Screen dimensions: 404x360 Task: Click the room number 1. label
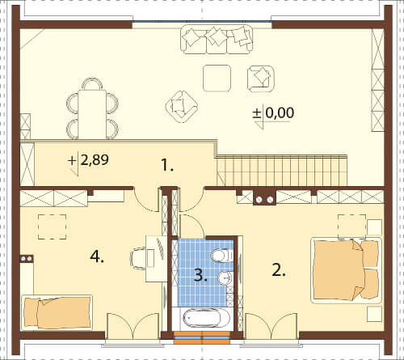tap(167, 165)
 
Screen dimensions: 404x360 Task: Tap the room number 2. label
tap(279, 270)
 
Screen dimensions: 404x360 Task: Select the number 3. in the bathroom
tap(200, 276)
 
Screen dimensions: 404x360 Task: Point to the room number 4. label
tap(97, 256)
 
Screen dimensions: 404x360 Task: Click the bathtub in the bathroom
tap(204, 319)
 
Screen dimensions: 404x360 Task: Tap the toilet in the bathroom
tap(221, 255)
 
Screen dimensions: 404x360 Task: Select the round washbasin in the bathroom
tap(225, 277)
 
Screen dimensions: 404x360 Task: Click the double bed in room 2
tap(346, 270)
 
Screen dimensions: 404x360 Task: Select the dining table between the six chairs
tap(92, 114)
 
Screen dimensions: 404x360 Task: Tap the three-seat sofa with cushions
tap(217, 40)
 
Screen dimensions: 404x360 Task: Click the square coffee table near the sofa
tap(217, 78)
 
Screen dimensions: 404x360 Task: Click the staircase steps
tap(282, 170)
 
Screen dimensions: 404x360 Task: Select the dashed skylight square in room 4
tap(52, 227)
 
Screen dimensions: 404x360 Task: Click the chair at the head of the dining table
tap(92, 83)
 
